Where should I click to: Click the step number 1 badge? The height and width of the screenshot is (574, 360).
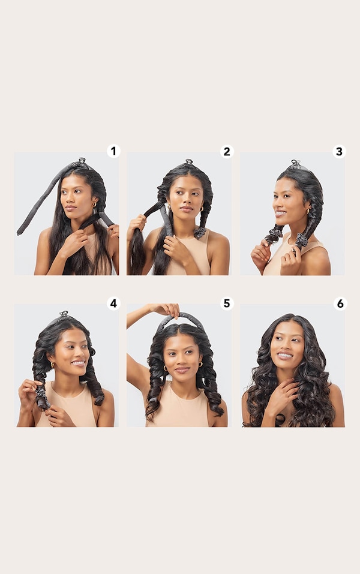pyautogui.click(x=113, y=151)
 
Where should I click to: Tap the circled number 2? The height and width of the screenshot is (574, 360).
pyautogui.click(x=226, y=151)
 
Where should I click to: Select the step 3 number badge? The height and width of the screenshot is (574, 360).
pyautogui.click(x=339, y=151)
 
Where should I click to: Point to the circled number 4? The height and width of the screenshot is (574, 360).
pyautogui.click(x=113, y=303)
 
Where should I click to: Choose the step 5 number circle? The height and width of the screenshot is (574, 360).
pyautogui.click(x=226, y=303)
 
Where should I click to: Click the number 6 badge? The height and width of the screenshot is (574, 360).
pyautogui.click(x=340, y=303)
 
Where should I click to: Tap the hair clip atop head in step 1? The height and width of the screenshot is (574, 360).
pyautogui.click(x=80, y=161)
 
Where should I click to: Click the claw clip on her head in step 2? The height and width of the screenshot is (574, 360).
pyautogui.click(x=188, y=162)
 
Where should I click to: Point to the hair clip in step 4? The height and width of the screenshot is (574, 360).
pyautogui.click(x=64, y=314)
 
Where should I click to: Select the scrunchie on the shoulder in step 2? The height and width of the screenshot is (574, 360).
pyautogui.click(x=200, y=232)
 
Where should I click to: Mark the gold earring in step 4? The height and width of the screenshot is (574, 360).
pyautogui.click(x=52, y=363)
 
